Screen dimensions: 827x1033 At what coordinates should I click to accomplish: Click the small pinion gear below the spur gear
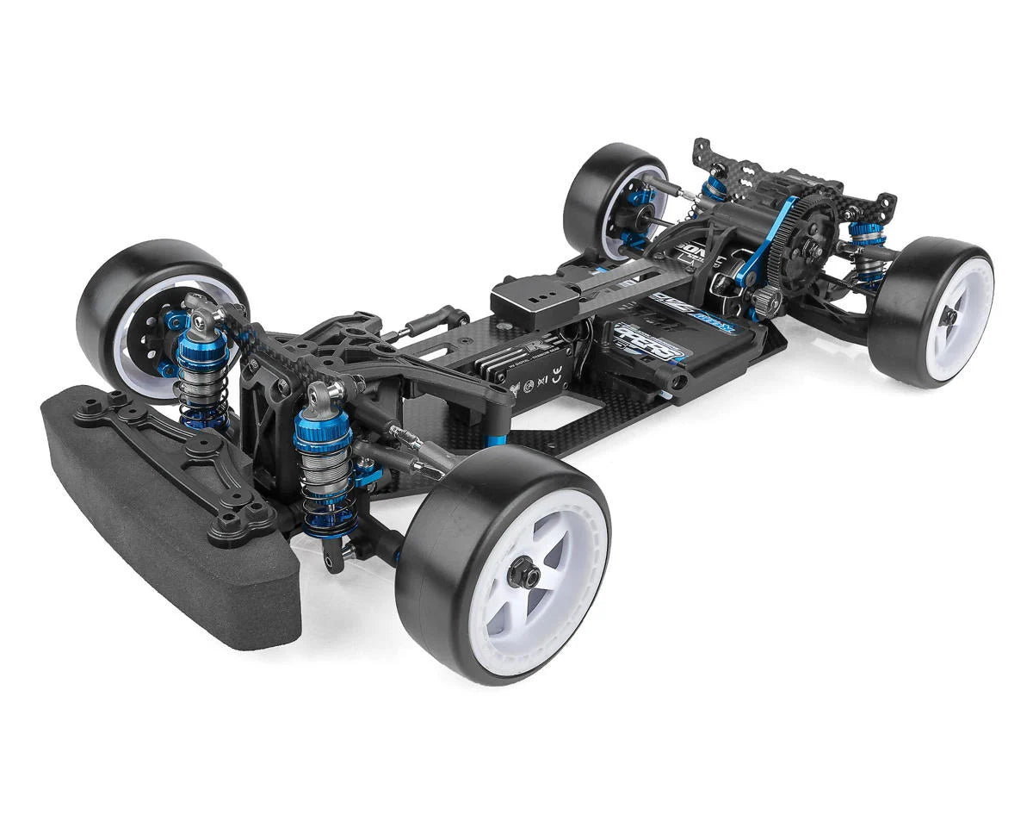pyautogui.click(x=765, y=301)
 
